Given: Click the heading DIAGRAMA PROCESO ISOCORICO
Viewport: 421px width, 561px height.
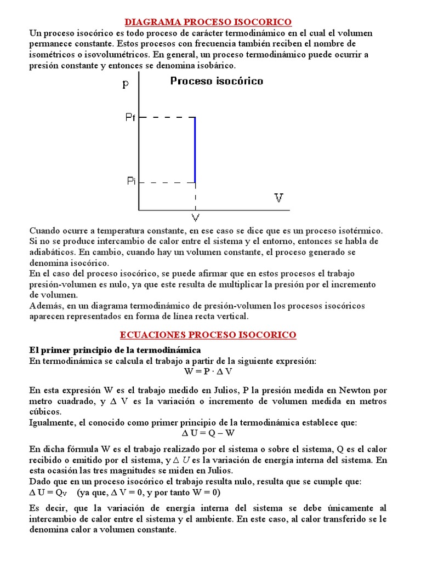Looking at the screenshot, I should point(208,22).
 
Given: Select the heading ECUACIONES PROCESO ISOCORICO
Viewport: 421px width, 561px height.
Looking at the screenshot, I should point(208,335).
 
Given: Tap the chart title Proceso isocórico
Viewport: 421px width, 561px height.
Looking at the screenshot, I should point(217,81).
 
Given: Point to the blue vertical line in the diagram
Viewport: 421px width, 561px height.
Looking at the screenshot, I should point(195,149).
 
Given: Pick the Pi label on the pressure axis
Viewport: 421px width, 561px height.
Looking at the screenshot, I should point(130,181).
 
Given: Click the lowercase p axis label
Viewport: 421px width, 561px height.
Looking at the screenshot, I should point(127,84).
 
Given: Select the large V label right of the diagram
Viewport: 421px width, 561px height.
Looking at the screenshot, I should point(279,198).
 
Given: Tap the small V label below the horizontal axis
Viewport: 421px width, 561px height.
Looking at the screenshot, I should point(195,218).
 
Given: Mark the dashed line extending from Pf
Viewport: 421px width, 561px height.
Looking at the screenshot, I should point(167,117).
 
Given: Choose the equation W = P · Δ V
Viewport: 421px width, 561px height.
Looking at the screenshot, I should point(208,371).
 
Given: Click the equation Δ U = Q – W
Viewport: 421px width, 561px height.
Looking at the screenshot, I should point(208,433).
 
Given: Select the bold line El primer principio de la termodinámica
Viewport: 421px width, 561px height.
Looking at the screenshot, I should point(115,350).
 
